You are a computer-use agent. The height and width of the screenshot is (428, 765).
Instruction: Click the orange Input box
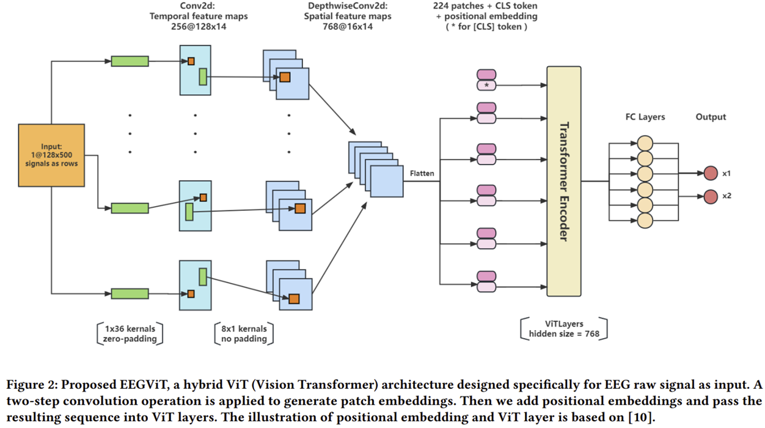click(x=51, y=155)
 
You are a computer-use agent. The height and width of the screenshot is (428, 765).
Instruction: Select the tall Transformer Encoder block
click(x=564, y=181)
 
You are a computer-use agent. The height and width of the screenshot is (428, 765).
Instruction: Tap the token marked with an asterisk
click(x=486, y=85)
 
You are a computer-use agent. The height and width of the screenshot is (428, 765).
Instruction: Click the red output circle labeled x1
click(x=711, y=173)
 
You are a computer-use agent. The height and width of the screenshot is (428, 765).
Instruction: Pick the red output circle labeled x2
click(x=711, y=196)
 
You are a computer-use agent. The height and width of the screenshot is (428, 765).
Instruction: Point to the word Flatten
click(x=422, y=173)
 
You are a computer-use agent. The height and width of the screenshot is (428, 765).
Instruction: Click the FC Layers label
click(x=645, y=117)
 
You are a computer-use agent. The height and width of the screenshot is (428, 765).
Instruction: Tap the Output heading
click(x=711, y=117)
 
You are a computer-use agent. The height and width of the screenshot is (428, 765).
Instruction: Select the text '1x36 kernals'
click(x=130, y=328)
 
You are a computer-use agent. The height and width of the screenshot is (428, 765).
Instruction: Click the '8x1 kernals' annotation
click(x=244, y=328)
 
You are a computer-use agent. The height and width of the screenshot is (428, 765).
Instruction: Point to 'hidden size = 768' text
click(x=564, y=334)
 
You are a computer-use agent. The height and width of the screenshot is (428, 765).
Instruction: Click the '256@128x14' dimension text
click(x=199, y=27)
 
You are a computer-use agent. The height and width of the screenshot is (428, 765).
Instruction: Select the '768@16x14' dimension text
click(x=348, y=27)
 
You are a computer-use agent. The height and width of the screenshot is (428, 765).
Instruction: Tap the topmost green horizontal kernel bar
click(x=130, y=61)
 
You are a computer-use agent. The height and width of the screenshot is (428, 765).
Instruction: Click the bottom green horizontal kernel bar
click(x=130, y=293)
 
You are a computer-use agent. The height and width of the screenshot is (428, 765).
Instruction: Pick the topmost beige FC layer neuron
click(x=645, y=143)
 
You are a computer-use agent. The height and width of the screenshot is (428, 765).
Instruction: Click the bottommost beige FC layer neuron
click(x=645, y=221)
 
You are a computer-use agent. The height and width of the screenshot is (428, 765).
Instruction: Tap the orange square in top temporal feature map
click(x=191, y=61)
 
